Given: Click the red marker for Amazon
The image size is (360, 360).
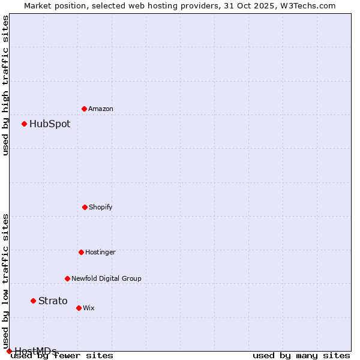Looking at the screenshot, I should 84,109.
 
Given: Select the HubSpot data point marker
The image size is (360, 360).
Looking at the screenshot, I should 24,124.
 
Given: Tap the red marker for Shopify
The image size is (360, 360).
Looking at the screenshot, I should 85,207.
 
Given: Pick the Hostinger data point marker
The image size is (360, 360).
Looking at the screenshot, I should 81,252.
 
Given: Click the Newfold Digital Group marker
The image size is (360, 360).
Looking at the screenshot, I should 67,278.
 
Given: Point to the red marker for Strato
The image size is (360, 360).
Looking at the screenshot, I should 33,301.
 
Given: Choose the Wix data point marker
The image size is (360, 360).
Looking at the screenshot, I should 79,308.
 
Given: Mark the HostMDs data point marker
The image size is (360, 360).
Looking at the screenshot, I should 9,351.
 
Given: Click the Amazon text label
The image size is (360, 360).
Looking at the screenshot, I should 101,109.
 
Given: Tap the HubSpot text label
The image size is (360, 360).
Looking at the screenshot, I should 50,124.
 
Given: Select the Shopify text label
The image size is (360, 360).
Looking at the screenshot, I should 101,208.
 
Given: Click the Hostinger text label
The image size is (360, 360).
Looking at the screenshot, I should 100,253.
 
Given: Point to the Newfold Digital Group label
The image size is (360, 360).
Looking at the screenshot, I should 106,279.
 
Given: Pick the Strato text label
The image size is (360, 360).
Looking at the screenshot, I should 53,301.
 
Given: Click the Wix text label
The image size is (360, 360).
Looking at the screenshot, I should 89,308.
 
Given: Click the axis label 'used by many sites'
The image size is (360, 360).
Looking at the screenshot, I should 301,356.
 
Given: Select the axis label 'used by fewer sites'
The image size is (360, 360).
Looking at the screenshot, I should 62,356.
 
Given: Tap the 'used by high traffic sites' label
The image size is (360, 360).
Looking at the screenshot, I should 5,85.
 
